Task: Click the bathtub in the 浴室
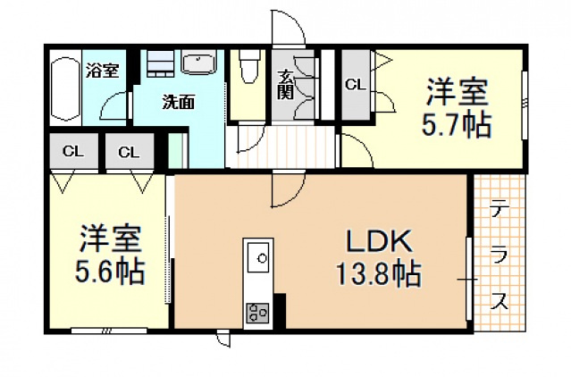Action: click(65, 88)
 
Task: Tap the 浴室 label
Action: click(103, 71)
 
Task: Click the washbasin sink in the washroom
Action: click(198, 64)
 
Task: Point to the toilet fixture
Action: click(249, 67)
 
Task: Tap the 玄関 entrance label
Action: click(285, 85)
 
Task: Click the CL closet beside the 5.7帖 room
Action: click(356, 85)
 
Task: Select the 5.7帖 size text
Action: click(456, 125)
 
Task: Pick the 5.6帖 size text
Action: click(110, 272)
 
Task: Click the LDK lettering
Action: click(379, 241)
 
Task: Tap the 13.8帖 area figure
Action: click(378, 273)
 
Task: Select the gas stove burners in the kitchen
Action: click(258, 313)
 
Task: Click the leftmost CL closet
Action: click(74, 151)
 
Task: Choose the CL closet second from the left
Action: click(130, 151)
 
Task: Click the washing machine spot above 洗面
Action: click(160, 63)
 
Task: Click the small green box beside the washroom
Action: click(178, 150)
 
